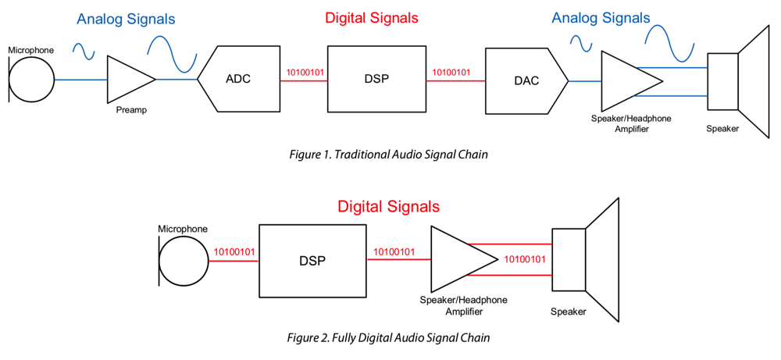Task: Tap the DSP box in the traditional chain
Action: coord(376,79)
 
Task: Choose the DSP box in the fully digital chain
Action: coord(312,261)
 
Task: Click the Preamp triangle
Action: coord(127,80)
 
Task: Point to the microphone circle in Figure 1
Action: coord(32,79)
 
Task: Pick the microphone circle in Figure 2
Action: coord(184,261)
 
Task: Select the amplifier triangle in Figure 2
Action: coord(458,261)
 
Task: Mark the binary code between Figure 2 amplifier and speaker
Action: coord(524,259)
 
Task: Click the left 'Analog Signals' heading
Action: coord(126,19)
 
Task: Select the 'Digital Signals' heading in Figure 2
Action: coord(388,207)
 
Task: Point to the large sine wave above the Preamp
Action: coord(172,53)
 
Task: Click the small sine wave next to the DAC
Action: coord(582,44)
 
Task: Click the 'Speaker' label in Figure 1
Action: coord(722,129)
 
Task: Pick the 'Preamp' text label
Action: coord(130,110)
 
